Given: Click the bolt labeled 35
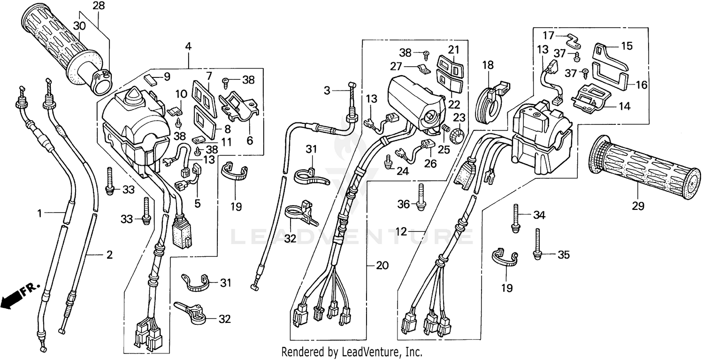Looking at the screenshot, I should point(538,245).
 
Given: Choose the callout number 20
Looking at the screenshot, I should point(382,266).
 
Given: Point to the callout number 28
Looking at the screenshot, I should point(99,6).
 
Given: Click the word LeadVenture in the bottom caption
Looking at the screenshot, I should point(371,352).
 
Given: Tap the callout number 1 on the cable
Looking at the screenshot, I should point(40,214).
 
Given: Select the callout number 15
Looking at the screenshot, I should point(627,46).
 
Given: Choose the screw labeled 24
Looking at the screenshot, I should point(388,163).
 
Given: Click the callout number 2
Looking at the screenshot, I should point(109,255).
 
